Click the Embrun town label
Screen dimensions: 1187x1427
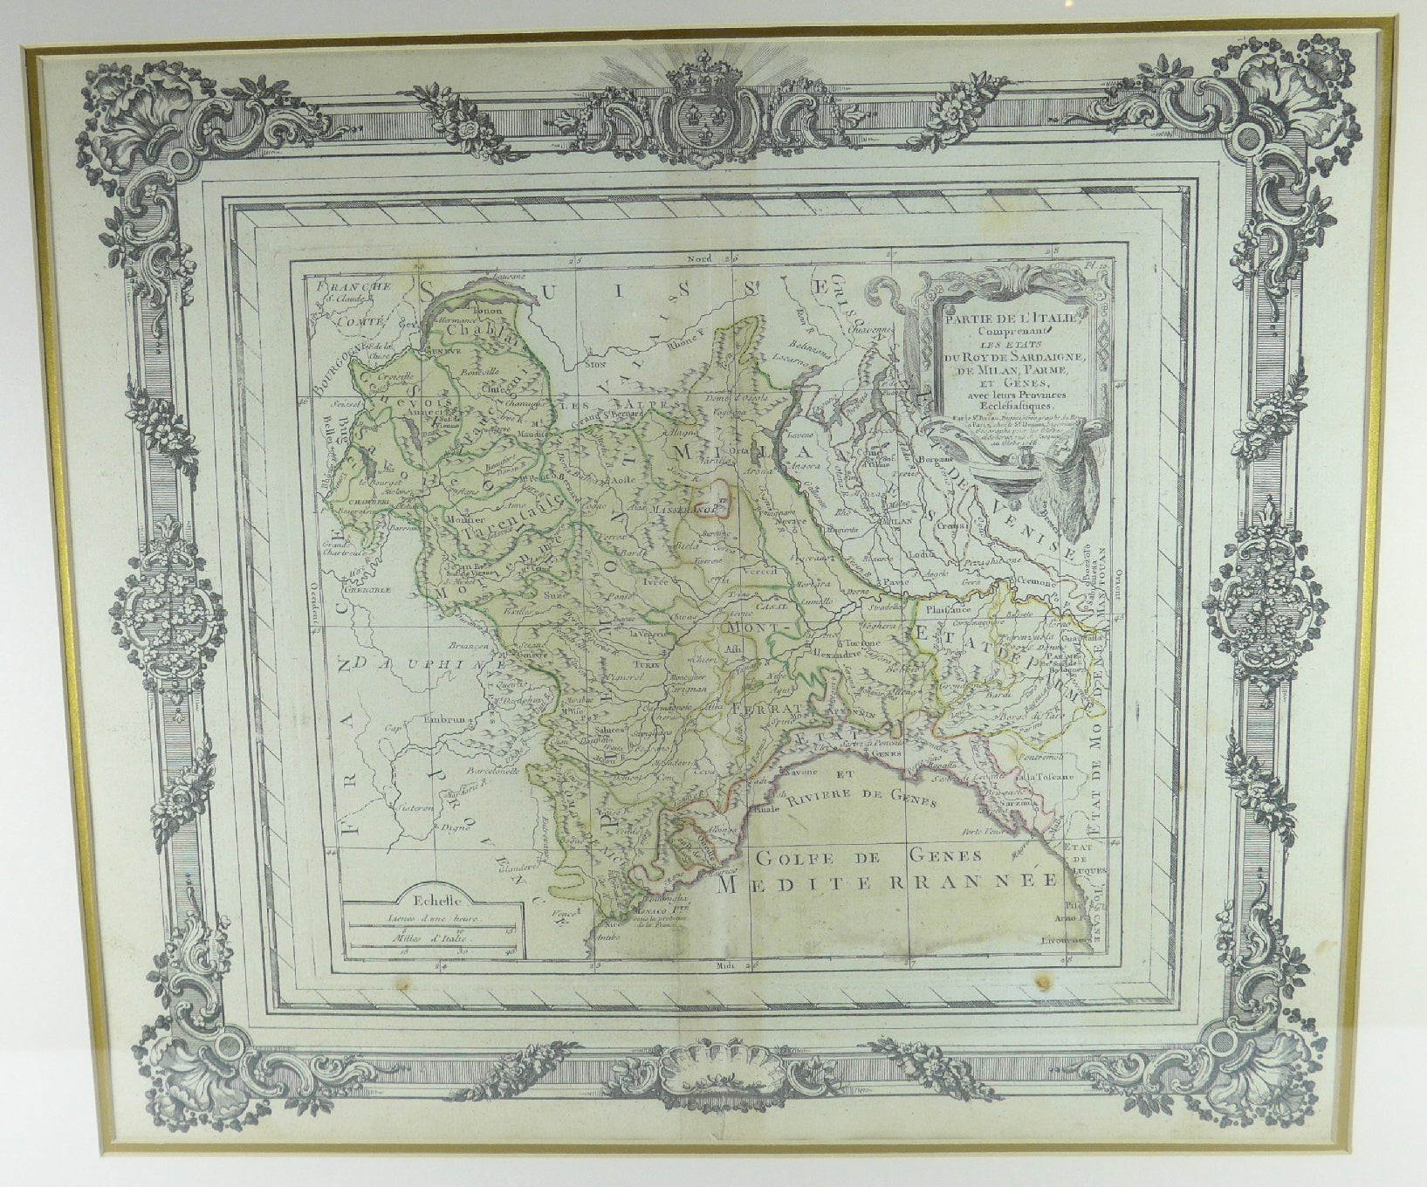coord(449,722)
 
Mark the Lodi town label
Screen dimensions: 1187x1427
coord(916,556)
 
